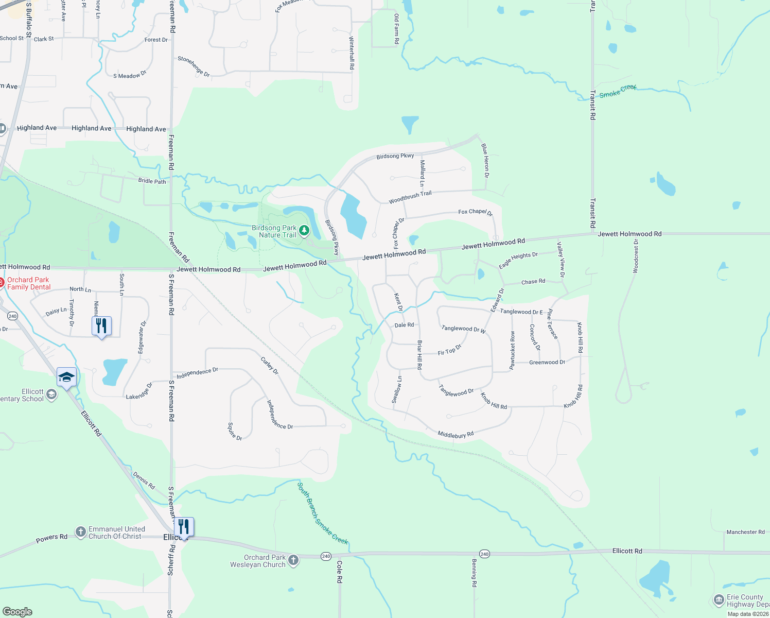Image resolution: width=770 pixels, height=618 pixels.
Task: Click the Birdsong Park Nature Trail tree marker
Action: point(304,231)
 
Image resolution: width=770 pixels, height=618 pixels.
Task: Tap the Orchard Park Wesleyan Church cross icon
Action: point(293,560)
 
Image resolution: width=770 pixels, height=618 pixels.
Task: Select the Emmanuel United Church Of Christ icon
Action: point(80,532)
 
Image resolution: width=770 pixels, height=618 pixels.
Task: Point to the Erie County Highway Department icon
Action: point(719,600)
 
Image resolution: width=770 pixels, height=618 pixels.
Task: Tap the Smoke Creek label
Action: point(618,91)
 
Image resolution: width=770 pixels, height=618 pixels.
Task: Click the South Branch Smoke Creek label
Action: point(322,513)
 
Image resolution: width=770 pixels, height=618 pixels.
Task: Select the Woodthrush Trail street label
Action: point(410,197)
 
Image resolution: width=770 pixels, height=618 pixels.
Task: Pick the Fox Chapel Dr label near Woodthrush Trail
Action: point(476,212)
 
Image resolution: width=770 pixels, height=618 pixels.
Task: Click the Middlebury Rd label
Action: point(456,435)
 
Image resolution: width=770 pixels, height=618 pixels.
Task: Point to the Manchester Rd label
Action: point(745,532)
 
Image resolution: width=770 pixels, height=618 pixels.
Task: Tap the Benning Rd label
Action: point(474,573)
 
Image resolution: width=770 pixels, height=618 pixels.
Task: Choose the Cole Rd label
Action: point(340,572)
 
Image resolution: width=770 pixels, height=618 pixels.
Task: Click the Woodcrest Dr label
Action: point(636,256)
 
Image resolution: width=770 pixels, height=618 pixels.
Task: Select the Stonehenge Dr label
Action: point(194,66)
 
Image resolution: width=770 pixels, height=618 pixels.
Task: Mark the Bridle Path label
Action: point(152,181)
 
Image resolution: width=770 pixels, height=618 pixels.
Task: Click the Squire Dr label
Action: point(235,431)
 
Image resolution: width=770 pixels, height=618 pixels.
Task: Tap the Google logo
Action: point(17,612)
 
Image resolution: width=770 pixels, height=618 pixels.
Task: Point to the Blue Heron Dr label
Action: point(485,161)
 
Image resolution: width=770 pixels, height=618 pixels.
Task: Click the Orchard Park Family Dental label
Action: point(29,283)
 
